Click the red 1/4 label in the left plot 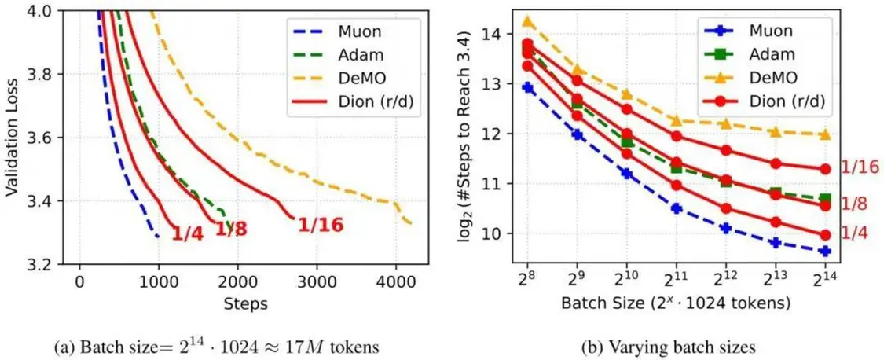tap(187, 233)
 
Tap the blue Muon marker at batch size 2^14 tap(825, 251)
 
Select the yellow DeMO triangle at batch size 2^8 tap(528, 21)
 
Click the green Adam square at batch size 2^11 tap(676, 167)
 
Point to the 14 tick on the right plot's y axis tap(496, 34)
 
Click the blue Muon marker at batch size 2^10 tap(626, 173)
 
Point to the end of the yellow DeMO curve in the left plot tap(410, 224)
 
